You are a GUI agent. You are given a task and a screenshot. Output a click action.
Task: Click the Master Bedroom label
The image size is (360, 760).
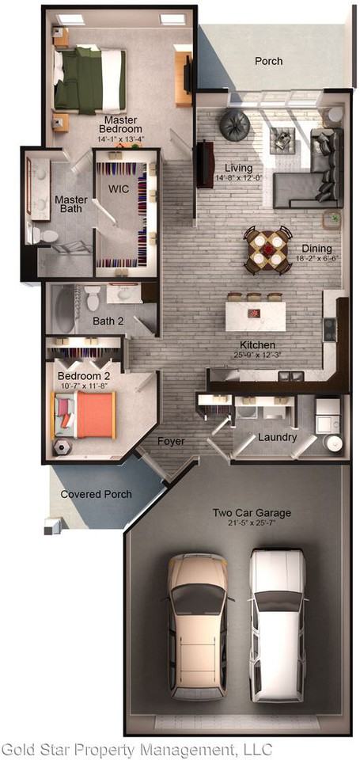tap(120, 124)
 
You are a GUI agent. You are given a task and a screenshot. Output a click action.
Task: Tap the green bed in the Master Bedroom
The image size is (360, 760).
tap(89, 79)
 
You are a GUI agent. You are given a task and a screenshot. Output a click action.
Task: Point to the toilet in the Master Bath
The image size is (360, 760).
tap(44, 234)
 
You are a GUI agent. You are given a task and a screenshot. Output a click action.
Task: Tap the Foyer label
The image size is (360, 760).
tap(171, 441)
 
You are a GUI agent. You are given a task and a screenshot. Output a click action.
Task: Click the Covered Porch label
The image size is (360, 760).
tap(97, 494)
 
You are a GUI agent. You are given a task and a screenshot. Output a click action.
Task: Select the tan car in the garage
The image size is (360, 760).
tap(197, 625)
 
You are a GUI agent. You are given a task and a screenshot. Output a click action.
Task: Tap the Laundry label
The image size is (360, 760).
tap(278, 437)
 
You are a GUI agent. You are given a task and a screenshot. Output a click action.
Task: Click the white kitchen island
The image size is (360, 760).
tap(255, 314)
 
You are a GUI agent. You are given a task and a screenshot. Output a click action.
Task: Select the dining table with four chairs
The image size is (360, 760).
tap(267, 250)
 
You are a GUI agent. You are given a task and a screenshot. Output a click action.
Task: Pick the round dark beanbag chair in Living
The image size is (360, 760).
tap(235, 124)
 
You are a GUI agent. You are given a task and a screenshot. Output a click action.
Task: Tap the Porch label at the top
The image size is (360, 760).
tap(268, 61)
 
